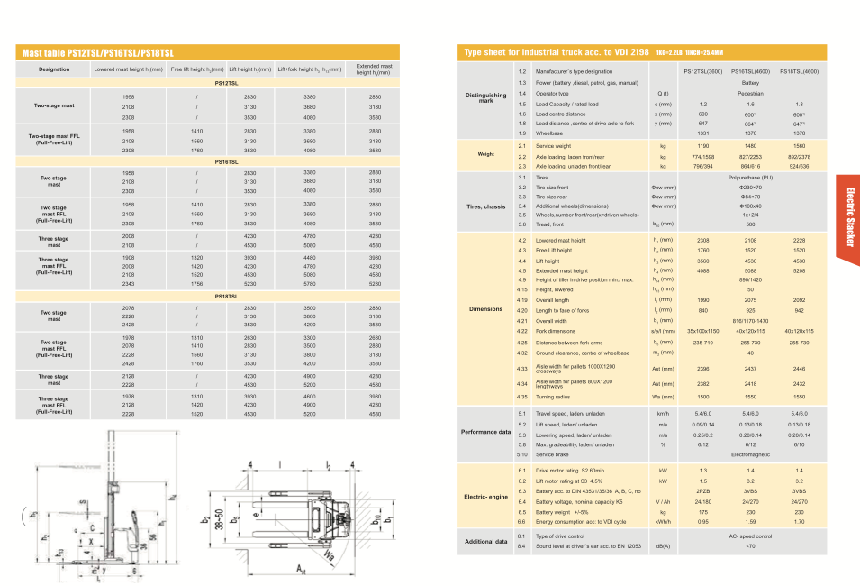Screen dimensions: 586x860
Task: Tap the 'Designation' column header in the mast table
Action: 54,69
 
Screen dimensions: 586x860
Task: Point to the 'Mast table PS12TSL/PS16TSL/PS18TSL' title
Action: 98,54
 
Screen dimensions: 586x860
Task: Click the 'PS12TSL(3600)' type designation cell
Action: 702,70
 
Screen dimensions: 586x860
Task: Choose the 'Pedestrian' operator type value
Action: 750,93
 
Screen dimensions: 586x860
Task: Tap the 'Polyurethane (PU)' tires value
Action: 750,178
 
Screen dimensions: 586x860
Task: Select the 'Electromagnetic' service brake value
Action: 750,453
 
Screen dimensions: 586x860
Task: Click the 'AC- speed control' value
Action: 750,536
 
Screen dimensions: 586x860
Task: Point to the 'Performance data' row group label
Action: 485,432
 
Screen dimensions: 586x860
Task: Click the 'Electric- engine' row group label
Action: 485,496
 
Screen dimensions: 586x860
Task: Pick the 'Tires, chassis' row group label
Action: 485,206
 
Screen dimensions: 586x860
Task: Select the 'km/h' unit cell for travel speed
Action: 663,413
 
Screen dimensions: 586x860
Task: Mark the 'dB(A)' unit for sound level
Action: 663,545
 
